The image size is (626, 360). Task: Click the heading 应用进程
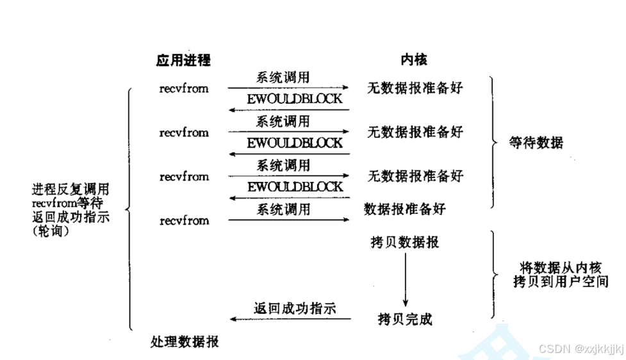pyautogui.click(x=183, y=60)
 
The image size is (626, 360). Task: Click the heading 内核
pyautogui.click(x=413, y=60)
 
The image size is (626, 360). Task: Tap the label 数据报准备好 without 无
pyautogui.click(x=404, y=209)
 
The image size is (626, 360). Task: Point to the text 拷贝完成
pyautogui.click(x=404, y=318)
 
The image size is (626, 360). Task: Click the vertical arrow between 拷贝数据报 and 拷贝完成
pyautogui.click(x=405, y=279)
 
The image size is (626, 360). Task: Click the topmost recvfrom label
pyautogui.click(x=184, y=89)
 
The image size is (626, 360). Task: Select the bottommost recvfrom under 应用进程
pyautogui.click(x=184, y=220)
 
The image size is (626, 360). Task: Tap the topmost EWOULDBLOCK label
pyautogui.click(x=295, y=99)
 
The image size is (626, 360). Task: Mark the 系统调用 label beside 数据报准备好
pyautogui.click(x=283, y=209)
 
